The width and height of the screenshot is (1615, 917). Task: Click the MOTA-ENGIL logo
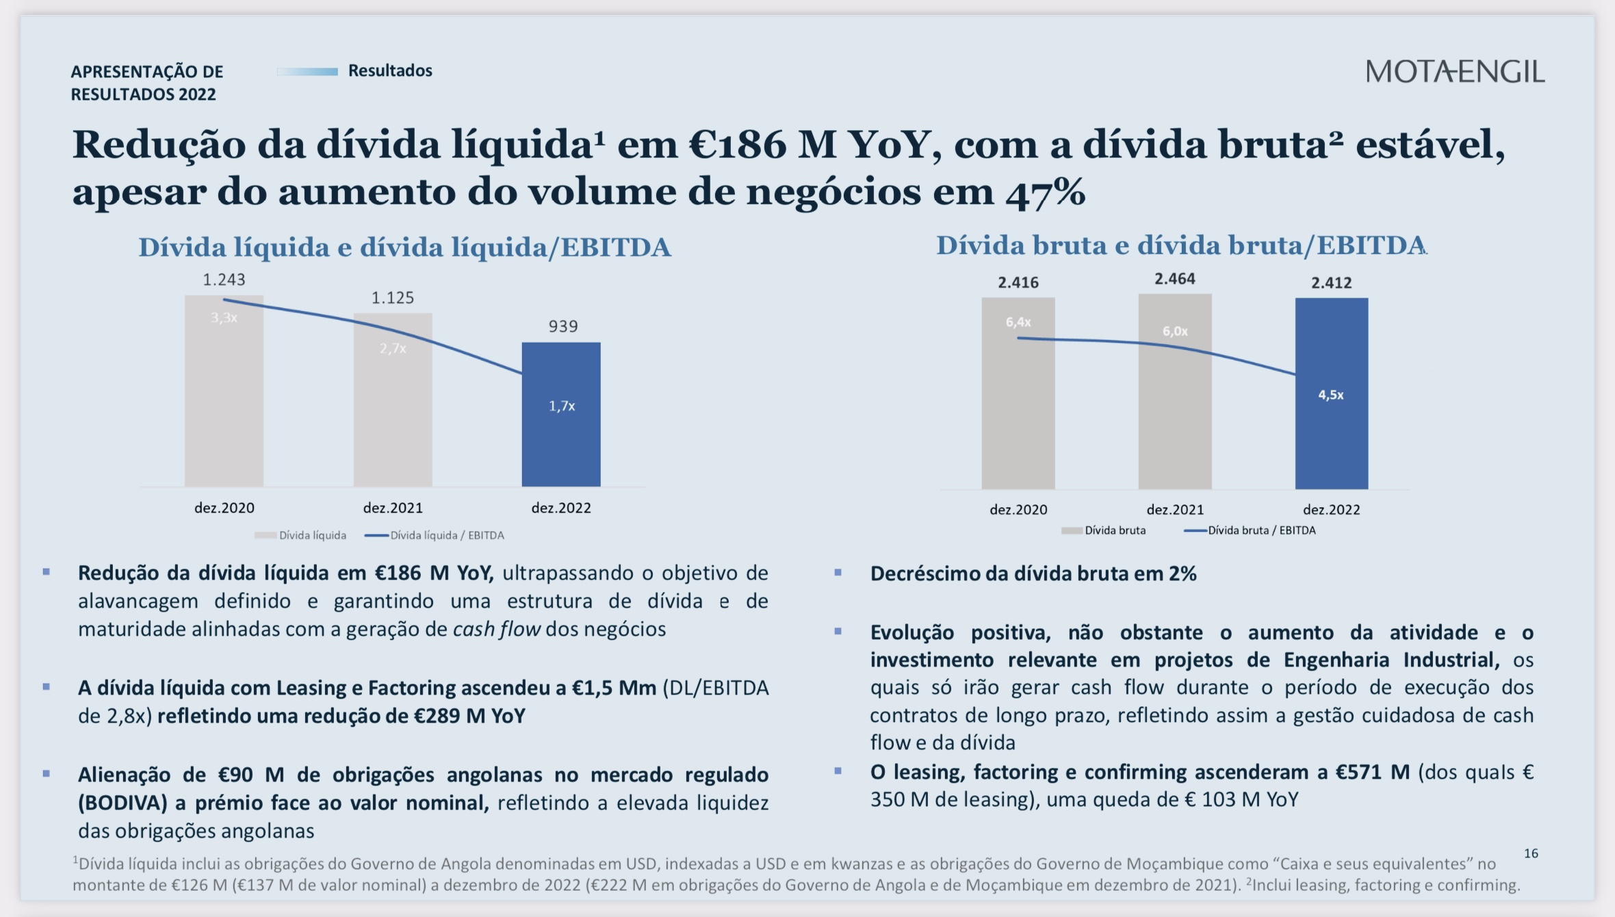[x=1455, y=72]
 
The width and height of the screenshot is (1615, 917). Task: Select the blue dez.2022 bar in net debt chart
[x=561, y=438]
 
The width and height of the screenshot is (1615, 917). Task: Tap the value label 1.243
[x=224, y=280]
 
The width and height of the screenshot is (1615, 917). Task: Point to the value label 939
[x=563, y=326]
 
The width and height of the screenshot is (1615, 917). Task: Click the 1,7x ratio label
[x=562, y=406]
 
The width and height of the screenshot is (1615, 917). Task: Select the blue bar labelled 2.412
[x=1331, y=445]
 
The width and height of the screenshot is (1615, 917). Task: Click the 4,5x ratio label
[x=1331, y=395]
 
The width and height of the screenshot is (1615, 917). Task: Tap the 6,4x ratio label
[x=1018, y=322]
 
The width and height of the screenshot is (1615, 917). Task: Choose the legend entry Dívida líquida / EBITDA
[x=446, y=535]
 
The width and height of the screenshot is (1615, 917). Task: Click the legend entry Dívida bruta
[x=1114, y=530]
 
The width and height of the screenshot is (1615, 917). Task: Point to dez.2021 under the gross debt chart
[x=1175, y=510]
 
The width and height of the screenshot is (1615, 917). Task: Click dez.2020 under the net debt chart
[x=224, y=508]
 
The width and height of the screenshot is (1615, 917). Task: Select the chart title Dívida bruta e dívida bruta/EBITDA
[x=1180, y=246]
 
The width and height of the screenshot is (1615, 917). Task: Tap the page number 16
[x=1531, y=853]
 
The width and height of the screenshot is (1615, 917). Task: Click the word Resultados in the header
[x=390, y=70]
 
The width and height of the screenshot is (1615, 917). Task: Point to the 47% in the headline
[x=1045, y=192]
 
